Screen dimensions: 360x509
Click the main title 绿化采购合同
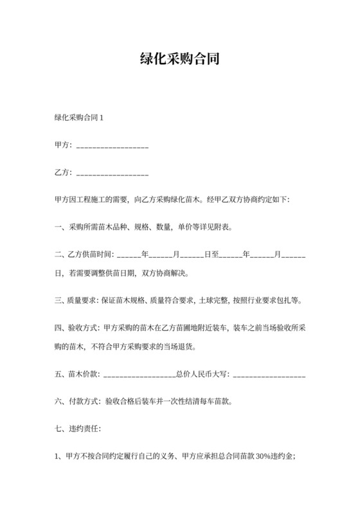tap(179, 59)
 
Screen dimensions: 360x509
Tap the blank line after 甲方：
tap(113, 147)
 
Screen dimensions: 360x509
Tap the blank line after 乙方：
tap(113, 174)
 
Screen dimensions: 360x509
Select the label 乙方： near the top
tap(64, 173)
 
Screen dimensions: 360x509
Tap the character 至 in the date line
tap(215, 255)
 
